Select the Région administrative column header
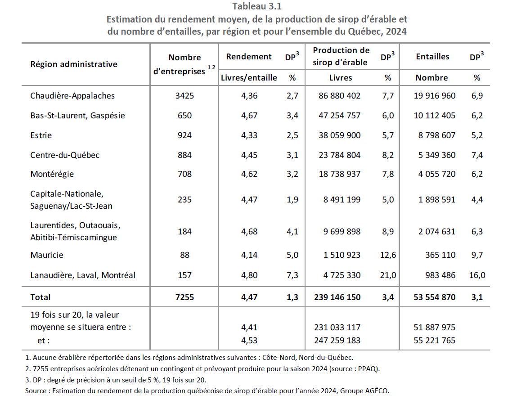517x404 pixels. tap(74, 64)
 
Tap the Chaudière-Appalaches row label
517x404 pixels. tap(72, 96)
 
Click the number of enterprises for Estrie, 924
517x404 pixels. tap(184, 135)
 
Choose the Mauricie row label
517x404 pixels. tap(47, 255)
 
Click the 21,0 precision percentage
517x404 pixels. tap(388, 275)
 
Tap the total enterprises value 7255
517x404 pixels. tap(184, 297)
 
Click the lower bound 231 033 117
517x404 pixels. tap(337, 328)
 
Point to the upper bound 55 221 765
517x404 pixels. tap(434, 341)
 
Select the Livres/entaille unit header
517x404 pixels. tap(249, 78)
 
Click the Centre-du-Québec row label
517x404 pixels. tap(65, 155)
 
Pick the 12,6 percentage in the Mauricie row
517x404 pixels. tap(388, 255)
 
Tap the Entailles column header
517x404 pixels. tap(432, 57)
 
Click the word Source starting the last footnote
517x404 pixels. tap(36, 391)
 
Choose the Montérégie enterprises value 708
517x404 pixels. tap(184, 174)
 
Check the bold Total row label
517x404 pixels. tap(40, 297)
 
